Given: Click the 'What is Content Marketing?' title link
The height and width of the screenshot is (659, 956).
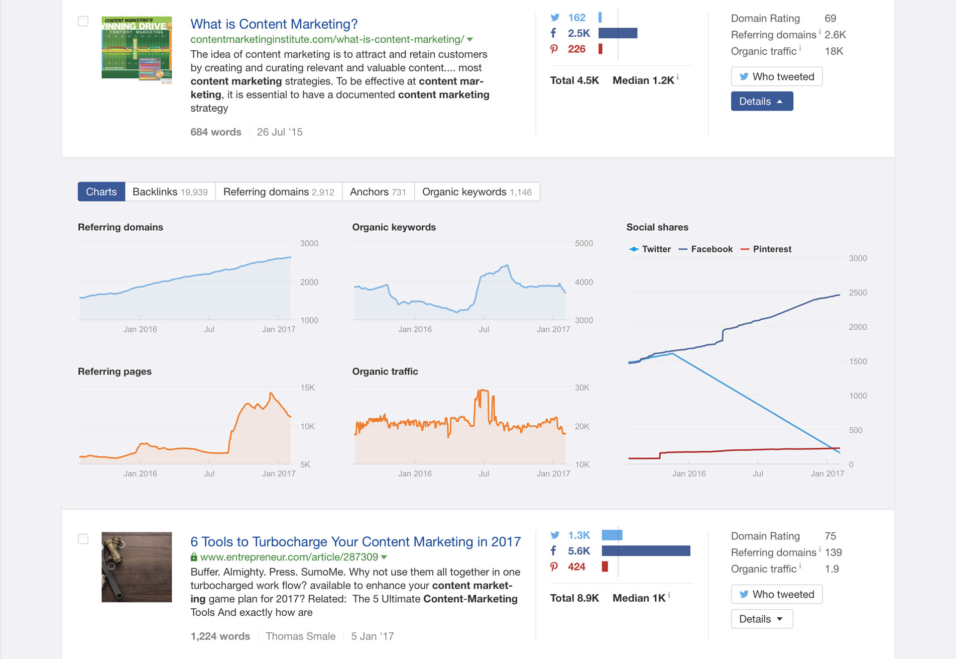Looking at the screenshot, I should [x=274, y=24].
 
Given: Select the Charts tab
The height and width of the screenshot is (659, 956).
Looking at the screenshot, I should [x=101, y=192].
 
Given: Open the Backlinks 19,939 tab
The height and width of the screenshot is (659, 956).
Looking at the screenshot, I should [x=170, y=192].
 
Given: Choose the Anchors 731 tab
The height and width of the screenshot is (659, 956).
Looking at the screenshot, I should [x=378, y=192].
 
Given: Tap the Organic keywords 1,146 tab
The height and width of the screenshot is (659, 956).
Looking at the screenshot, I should [x=476, y=192].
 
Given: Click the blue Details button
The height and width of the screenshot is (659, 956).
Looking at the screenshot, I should [x=761, y=101].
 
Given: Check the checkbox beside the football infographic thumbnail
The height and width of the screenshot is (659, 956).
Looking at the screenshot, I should [x=83, y=21].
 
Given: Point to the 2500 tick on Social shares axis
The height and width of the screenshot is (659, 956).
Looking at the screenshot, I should [x=858, y=293].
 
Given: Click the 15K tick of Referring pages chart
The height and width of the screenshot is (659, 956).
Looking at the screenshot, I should [x=307, y=388].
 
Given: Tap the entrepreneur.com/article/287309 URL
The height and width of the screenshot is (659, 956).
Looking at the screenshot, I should [x=289, y=557].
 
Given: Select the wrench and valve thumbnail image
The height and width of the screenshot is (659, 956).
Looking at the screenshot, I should [x=137, y=567].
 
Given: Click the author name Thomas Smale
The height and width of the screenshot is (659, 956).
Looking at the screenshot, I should [x=300, y=636].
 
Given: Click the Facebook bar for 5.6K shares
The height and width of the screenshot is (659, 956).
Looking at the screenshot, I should [x=646, y=551].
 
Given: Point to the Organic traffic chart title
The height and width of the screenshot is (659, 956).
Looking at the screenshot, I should [x=385, y=371].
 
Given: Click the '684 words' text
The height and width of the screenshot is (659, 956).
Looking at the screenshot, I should [x=216, y=132].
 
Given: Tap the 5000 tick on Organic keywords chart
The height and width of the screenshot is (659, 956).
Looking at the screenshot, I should [x=583, y=243].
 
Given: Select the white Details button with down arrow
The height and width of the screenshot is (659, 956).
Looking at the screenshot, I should [x=761, y=619].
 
